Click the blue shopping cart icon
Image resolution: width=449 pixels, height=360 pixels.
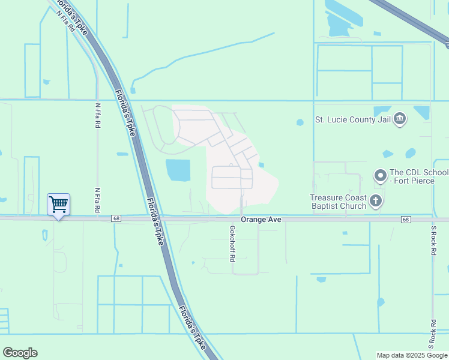click(x=58, y=204)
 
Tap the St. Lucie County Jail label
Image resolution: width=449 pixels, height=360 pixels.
click(x=353, y=119)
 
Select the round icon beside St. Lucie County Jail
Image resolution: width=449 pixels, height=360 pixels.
click(x=400, y=119)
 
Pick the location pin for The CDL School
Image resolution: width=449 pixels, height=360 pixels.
click(x=380, y=176)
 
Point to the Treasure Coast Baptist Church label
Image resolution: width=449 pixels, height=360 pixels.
click(x=338, y=202)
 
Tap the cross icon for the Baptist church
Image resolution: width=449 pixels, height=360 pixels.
click(x=376, y=201)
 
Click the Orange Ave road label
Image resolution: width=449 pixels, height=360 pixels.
click(x=261, y=220)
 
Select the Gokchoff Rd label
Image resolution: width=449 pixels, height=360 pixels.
click(x=232, y=244)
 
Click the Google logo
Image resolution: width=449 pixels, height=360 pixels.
click(x=20, y=353)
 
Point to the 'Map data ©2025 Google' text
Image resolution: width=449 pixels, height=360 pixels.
click(x=412, y=355)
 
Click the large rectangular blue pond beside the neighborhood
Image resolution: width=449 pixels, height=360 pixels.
click(x=178, y=170)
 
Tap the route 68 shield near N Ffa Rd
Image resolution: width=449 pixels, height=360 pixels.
click(x=116, y=219)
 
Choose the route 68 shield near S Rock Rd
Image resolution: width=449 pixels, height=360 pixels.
click(x=406, y=220)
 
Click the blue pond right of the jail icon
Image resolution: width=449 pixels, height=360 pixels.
click(x=422, y=112)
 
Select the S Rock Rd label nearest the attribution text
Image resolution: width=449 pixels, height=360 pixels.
click(x=431, y=335)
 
